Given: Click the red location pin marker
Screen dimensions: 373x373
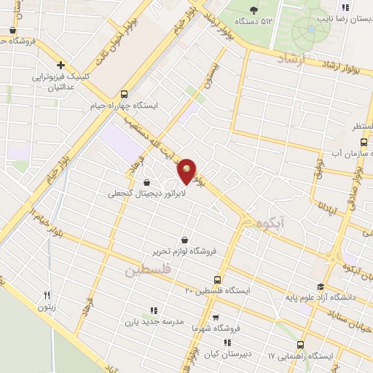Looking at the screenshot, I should (188, 170).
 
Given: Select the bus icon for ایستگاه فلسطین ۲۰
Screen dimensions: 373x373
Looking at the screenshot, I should (217, 280).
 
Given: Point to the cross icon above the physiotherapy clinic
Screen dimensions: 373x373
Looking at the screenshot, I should (61, 65).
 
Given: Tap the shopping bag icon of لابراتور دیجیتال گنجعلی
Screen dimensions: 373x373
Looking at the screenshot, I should (148, 182).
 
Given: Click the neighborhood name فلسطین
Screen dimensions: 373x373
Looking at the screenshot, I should (146, 270).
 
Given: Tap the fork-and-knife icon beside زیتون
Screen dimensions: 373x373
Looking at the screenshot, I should (47, 295).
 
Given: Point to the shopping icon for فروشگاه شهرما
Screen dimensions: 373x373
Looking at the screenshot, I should (215, 318).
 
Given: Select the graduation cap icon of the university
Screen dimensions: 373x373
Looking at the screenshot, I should (320, 287).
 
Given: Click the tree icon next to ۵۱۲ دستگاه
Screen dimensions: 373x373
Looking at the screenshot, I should (254, 9).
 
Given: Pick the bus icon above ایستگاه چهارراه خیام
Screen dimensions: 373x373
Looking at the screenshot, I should (124, 94).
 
